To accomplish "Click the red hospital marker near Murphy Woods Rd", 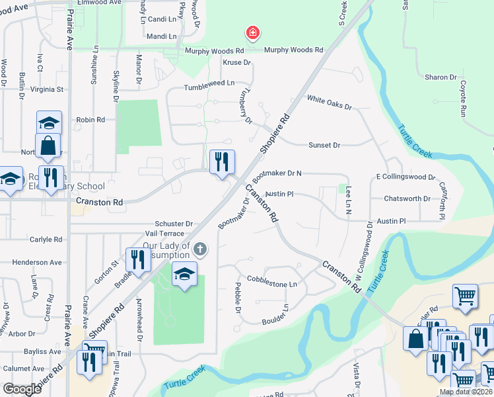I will tap(252, 32).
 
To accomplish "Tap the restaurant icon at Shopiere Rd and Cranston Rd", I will tap(222, 161).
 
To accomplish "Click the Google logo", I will tap(22, 389).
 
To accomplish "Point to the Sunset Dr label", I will tap(324, 145).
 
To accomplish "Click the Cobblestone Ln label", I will tap(272, 283).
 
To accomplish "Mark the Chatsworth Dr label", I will tap(407, 198).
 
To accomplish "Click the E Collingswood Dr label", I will tap(406, 177).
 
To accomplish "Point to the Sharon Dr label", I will tap(437, 77).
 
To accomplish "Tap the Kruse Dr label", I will tap(237, 63).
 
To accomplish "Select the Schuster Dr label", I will tap(174, 224).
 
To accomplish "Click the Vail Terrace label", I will tap(164, 234).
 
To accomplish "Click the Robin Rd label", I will tap(90, 120).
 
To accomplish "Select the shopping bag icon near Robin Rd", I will tap(48, 146).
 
